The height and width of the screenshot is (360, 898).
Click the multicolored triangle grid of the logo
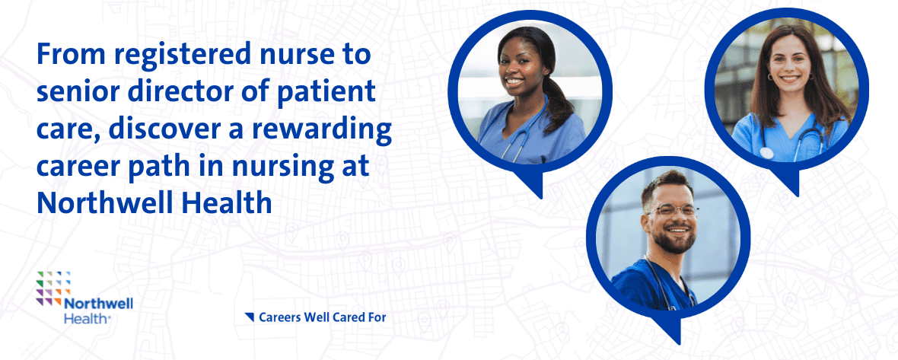53,286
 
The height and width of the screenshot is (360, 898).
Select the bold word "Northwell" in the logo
98,304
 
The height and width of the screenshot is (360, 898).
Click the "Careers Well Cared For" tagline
323,317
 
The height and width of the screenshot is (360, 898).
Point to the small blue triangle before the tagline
249,317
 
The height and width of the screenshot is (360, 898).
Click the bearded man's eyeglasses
672,211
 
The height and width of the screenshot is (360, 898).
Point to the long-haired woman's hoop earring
770,77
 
